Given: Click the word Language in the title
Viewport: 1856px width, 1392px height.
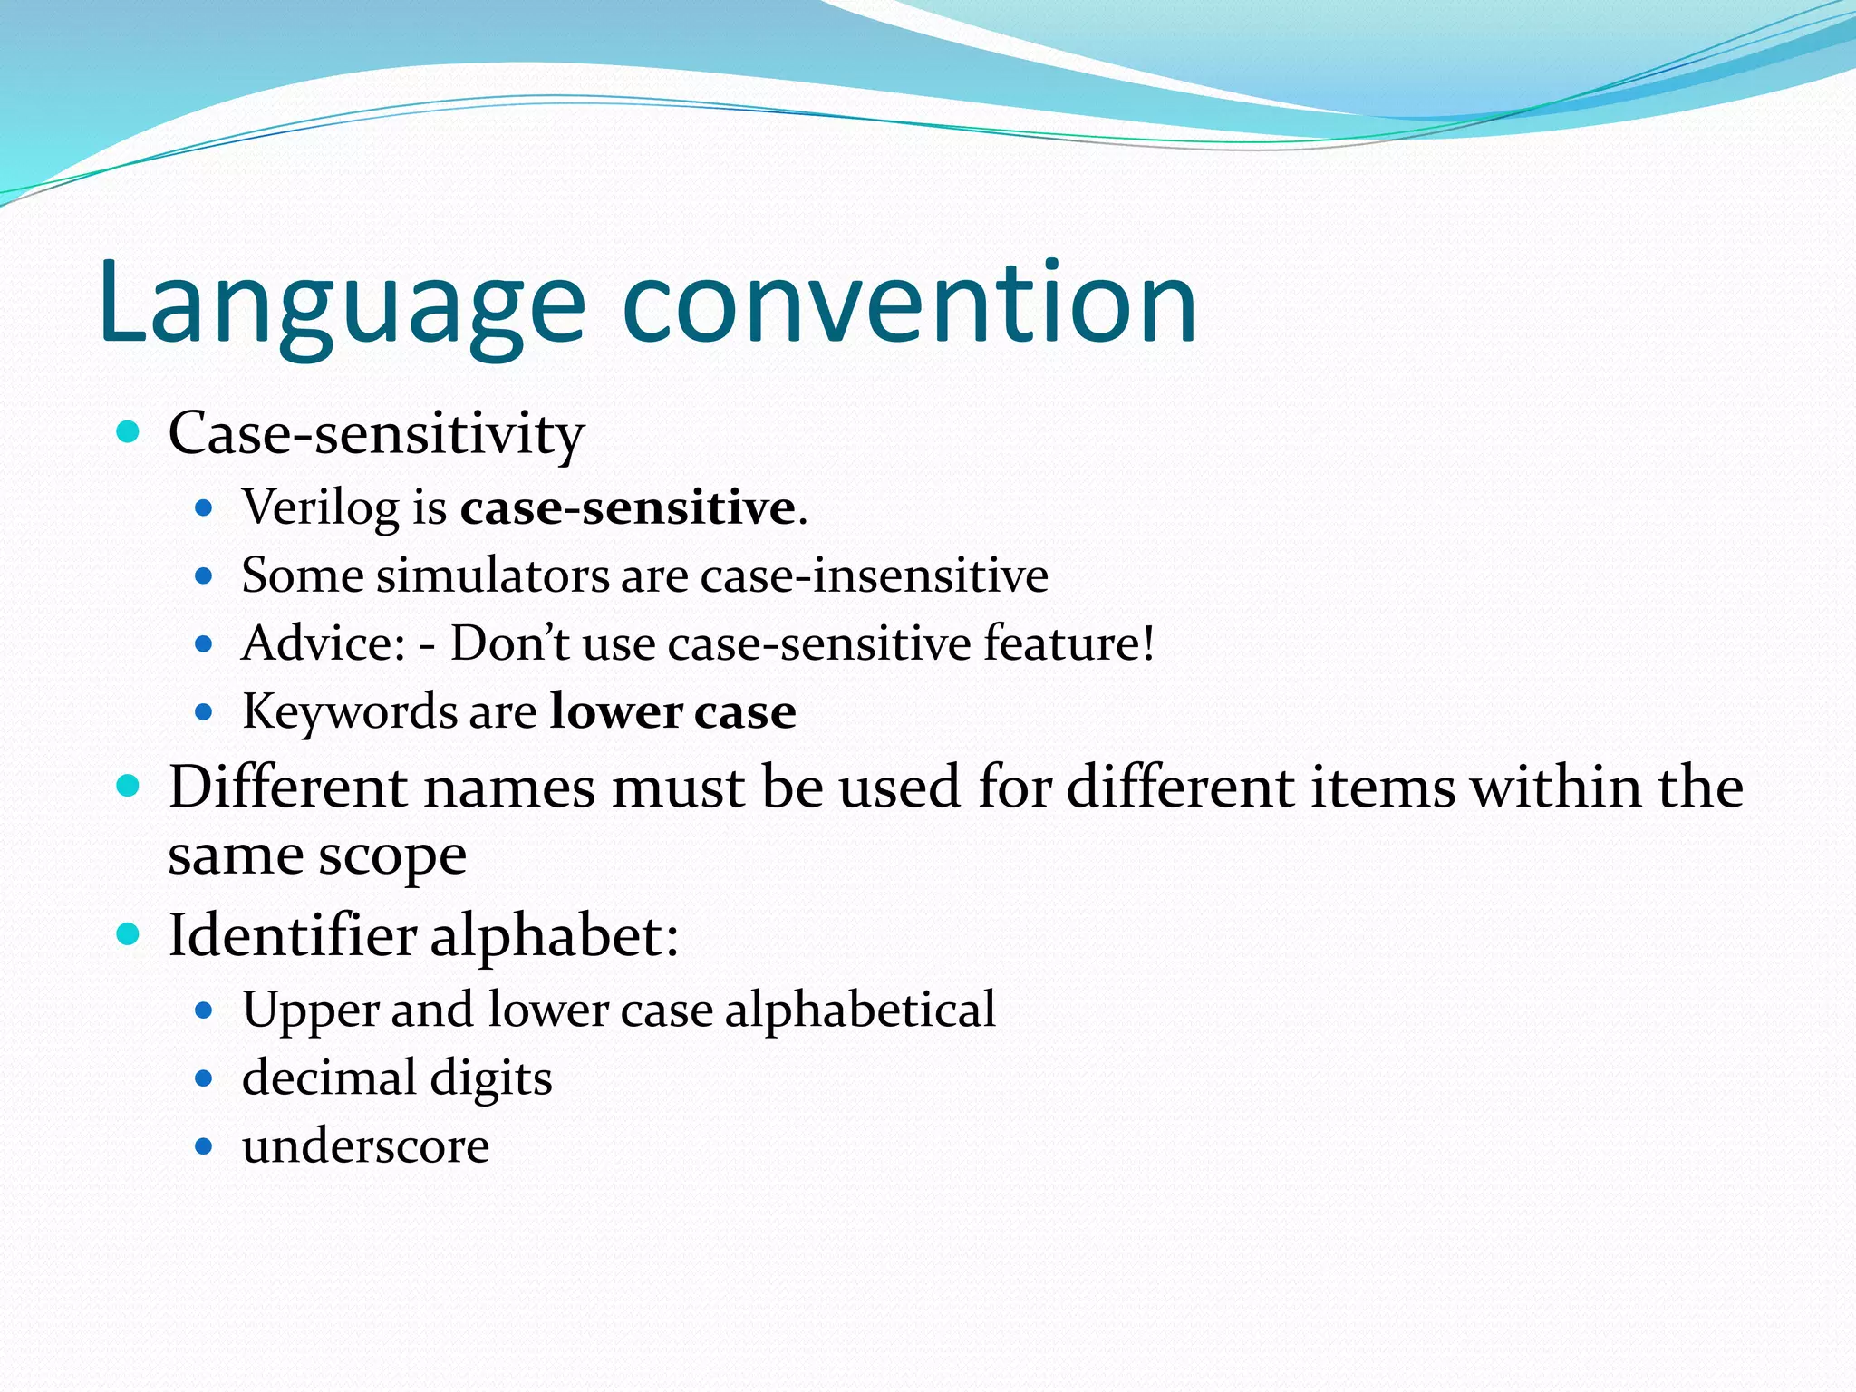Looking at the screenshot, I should click(x=343, y=304).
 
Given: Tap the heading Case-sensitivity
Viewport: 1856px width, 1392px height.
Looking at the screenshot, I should click(x=376, y=434).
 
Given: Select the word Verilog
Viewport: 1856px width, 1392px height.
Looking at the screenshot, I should click(x=320, y=507).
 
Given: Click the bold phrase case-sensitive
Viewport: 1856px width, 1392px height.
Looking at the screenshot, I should click(x=627, y=507).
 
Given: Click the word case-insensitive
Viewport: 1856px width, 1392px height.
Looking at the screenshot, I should click(x=874, y=575).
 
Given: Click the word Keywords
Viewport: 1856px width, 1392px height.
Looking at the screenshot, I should click(x=350, y=711).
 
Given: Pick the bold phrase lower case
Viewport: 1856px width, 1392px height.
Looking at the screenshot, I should click(x=672, y=711).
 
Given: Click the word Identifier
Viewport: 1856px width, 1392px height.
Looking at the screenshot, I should click(x=292, y=935).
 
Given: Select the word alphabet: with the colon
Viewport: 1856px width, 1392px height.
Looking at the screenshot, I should click(x=554, y=935).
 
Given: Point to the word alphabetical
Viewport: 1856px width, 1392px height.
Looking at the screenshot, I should click(x=859, y=1010).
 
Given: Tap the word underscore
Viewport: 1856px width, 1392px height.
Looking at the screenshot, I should click(x=365, y=1146).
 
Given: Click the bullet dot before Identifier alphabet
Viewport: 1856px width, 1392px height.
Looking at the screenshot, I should click(x=129, y=934).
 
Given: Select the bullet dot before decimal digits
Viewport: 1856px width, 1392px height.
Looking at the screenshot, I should click(x=204, y=1078).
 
